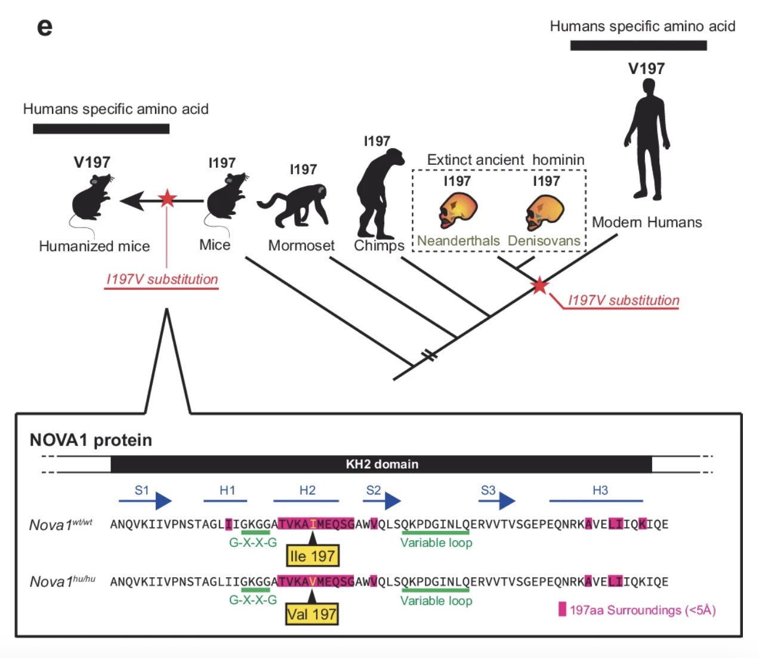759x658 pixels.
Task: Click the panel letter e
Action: pyautogui.click(x=45, y=27)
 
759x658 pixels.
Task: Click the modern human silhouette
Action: pyautogui.click(x=647, y=140)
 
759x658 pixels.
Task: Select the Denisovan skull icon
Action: pyautogui.click(x=544, y=213)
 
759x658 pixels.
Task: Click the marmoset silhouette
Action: pyautogui.click(x=294, y=206)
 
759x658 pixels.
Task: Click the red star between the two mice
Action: pyautogui.click(x=167, y=198)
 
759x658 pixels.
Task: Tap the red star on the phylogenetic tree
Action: pyautogui.click(x=539, y=285)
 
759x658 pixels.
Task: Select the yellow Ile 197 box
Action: pyautogui.click(x=312, y=556)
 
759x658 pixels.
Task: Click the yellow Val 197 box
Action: pyautogui.click(x=311, y=614)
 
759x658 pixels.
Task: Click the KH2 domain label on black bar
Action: pyautogui.click(x=382, y=464)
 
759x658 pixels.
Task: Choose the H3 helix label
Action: pyautogui.click(x=600, y=490)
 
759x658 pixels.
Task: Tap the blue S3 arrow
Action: pyautogui.click(x=497, y=500)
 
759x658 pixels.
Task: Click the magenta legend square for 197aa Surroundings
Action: pyautogui.click(x=562, y=609)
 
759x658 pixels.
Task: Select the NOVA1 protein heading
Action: pyautogui.click(x=91, y=440)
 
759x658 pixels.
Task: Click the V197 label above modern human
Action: pyautogui.click(x=646, y=69)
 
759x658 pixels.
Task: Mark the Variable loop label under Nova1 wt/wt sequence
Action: pyautogui.click(x=436, y=543)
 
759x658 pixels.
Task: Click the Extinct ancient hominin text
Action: pyautogui.click(x=505, y=160)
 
